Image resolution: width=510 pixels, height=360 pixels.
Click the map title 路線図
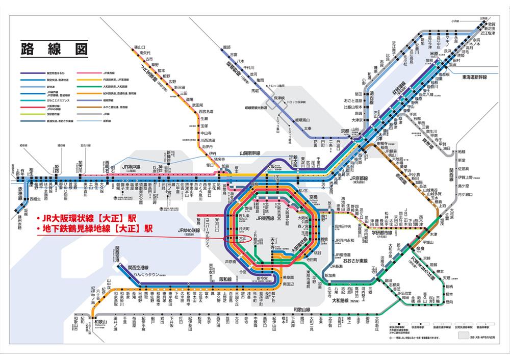tap(53, 49)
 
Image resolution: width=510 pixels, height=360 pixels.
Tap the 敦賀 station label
tap(491, 24)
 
